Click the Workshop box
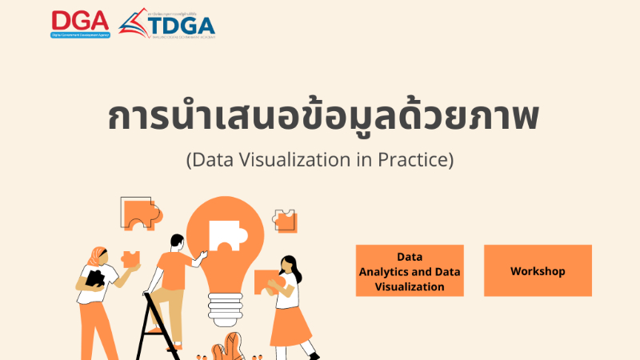538,271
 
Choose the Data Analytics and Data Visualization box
410,271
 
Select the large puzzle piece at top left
139,212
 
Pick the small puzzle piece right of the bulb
283,220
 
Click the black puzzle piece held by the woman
95,278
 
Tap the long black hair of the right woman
294,268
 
